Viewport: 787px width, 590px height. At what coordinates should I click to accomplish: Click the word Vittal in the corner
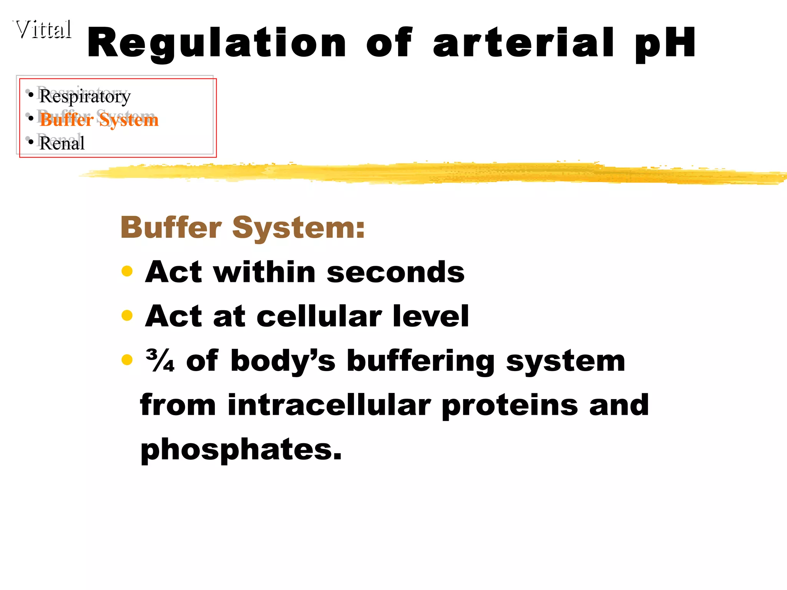[43, 30]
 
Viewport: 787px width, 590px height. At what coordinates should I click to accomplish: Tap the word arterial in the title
[523, 43]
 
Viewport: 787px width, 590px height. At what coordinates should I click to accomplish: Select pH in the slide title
[665, 43]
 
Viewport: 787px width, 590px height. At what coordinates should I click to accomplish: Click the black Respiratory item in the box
[85, 96]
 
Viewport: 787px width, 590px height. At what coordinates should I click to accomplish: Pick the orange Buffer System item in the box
[99, 120]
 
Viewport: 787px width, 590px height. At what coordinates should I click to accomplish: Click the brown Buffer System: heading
[242, 227]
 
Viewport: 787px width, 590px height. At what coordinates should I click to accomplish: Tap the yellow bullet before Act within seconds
[127, 271]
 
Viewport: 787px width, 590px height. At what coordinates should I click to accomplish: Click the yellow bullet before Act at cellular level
[127, 316]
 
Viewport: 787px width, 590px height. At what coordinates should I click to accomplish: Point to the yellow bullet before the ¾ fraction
[127, 360]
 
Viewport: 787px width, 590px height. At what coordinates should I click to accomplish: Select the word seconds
[395, 272]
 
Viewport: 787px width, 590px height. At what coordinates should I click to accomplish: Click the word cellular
[319, 316]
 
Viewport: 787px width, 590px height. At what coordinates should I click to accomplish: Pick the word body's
[283, 361]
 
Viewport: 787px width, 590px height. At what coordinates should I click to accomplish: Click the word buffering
[420, 361]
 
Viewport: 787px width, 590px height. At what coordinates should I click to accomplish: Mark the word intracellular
[329, 405]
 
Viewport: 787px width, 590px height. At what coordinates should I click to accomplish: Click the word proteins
[510, 405]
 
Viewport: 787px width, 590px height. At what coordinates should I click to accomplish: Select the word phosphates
[241, 449]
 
